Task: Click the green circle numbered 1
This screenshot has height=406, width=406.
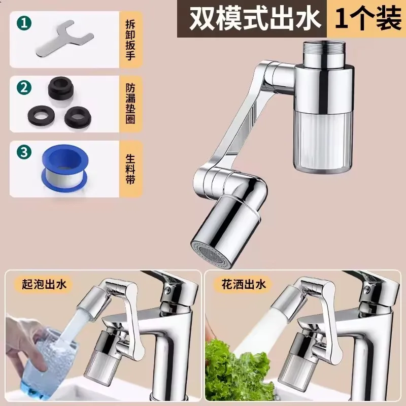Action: point(22,23)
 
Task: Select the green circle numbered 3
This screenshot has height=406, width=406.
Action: point(22,151)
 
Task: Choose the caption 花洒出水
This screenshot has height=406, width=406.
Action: point(243,285)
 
